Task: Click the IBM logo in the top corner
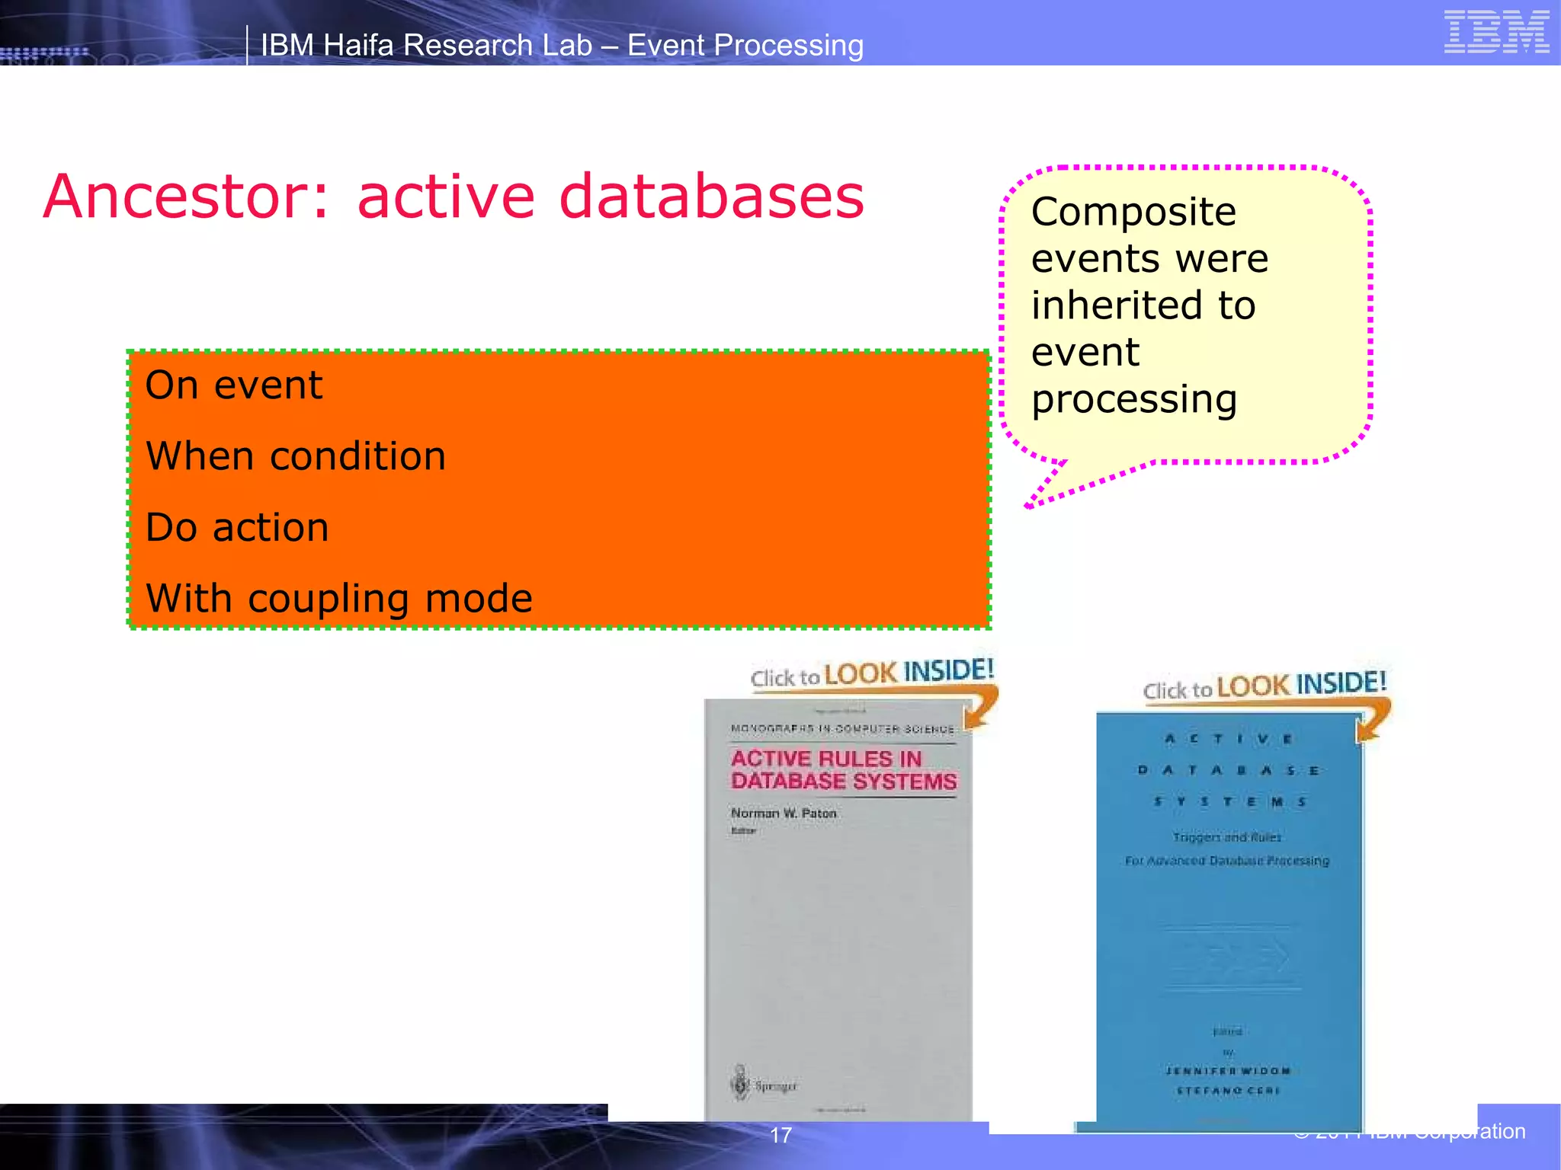tap(1495, 32)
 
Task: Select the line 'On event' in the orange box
tap(234, 385)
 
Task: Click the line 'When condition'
tap(296, 457)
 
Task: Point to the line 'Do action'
tap(237, 528)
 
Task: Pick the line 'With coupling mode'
tap(338, 599)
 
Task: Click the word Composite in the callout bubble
tap(1133, 212)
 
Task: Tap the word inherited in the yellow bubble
tap(1111, 305)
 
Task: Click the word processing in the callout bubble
tap(1133, 399)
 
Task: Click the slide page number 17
tap(780, 1135)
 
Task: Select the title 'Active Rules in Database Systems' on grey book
tap(843, 770)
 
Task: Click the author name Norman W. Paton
tap(784, 814)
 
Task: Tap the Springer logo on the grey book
tap(763, 1085)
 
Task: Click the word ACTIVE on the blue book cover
tap(1227, 739)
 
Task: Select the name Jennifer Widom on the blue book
tap(1227, 1070)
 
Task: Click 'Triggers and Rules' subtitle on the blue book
tap(1227, 837)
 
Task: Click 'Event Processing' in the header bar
tap(745, 46)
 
